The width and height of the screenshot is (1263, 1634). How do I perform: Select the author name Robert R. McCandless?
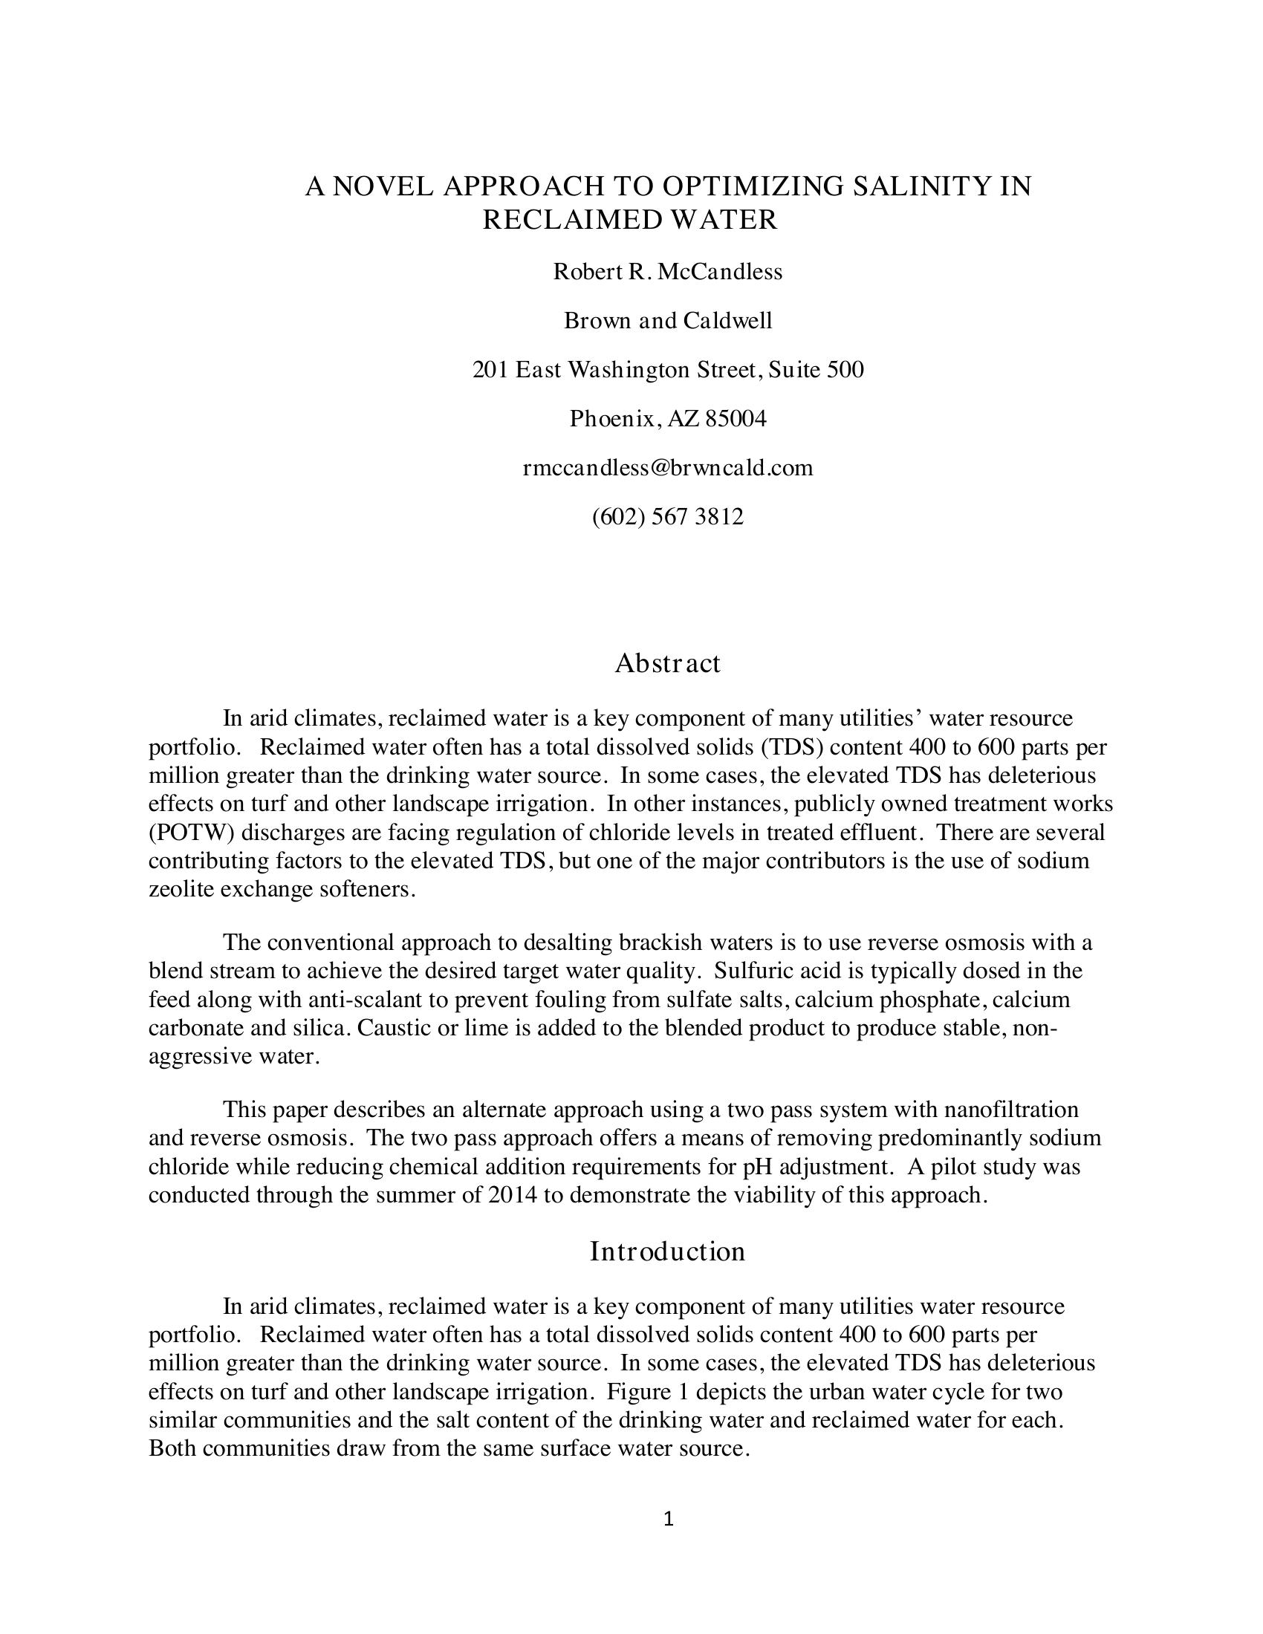(x=667, y=272)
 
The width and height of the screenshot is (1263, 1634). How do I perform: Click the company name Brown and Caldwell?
(x=667, y=321)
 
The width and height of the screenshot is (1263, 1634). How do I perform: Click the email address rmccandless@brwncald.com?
(x=667, y=468)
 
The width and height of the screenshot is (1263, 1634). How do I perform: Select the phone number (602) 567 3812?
(x=667, y=517)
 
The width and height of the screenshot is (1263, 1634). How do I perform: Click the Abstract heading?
(x=667, y=663)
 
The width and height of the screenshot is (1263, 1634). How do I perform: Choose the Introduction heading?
(x=667, y=1251)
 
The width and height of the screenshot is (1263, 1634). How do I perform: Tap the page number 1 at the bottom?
(x=668, y=1519)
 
